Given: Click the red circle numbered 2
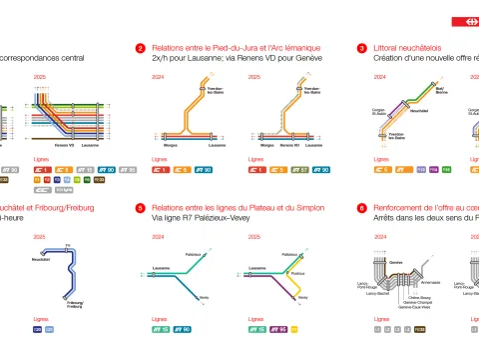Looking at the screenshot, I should [x=141, y=47].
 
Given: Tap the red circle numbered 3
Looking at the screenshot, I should [x=361, y=47].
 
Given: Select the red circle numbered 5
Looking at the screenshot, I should [x=141, y=208].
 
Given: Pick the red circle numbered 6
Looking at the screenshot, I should [x=361, y=208].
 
